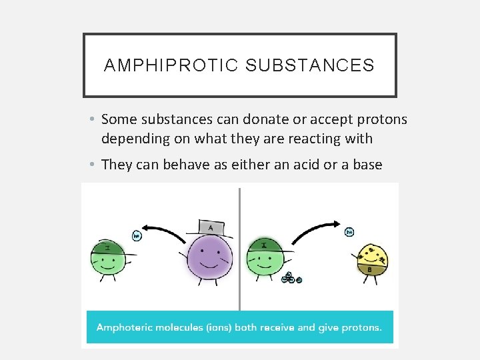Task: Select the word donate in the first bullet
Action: click(x=249, y=119)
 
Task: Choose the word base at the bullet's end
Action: click(x=367, y=164)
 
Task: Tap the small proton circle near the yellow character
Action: click(x=349, y=232)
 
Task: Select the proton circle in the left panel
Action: click(x=137, y=235)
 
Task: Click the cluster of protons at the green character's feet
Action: click(x=291, y=278)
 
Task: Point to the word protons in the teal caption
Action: click(x=360, y=327)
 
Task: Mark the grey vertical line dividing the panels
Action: click(x=240, y=247)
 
